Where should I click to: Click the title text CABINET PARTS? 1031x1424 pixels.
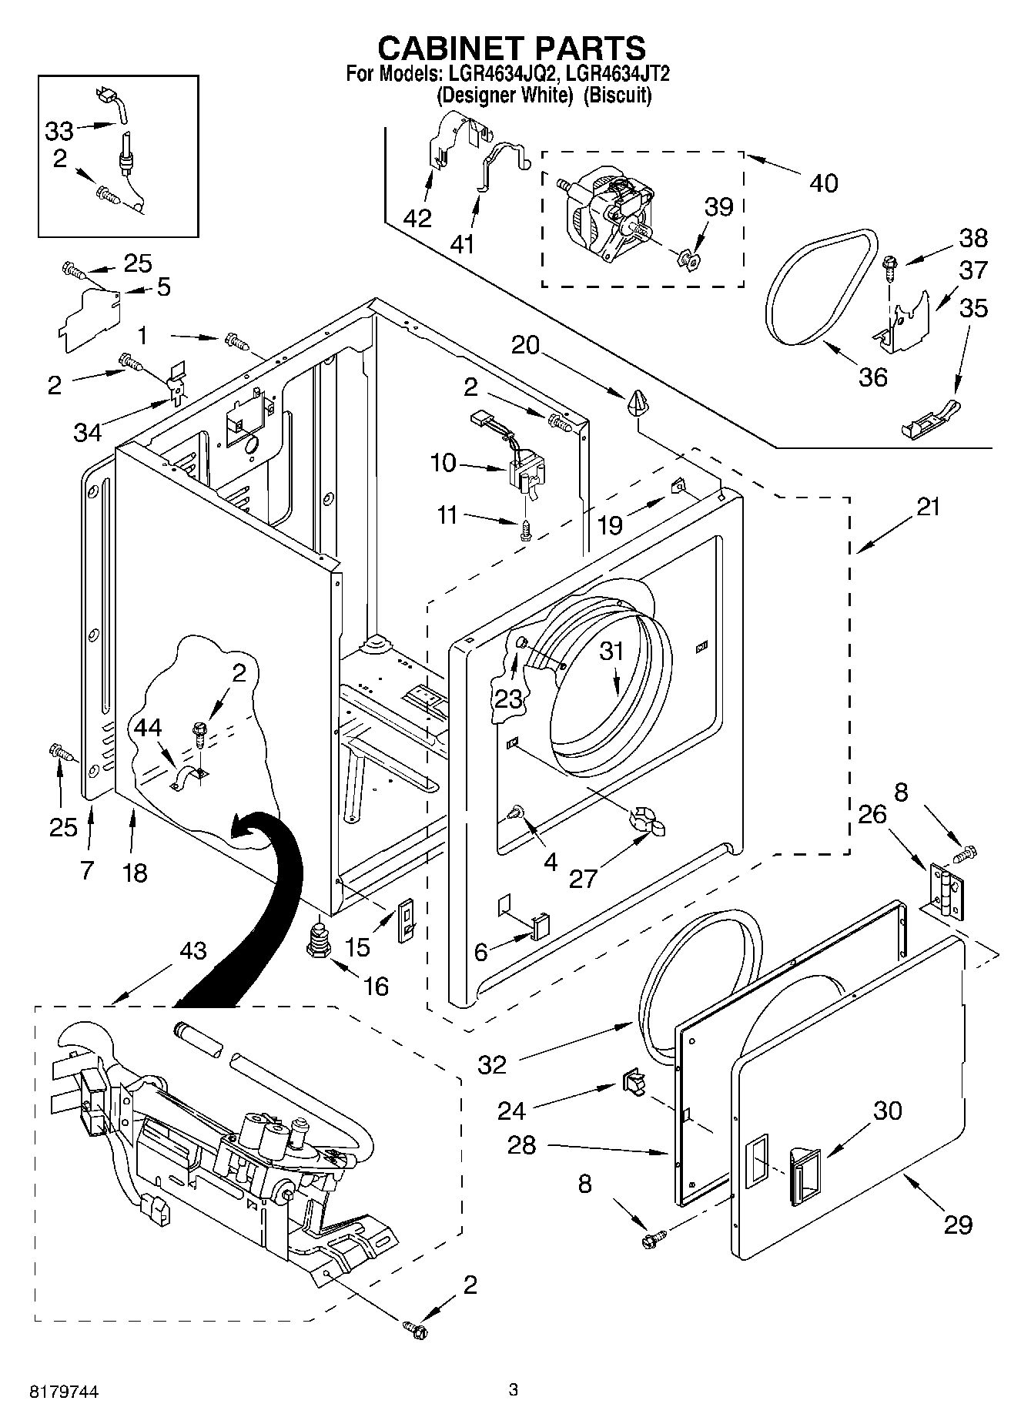click(511, 48)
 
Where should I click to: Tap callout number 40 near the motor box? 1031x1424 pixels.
click(823, 183)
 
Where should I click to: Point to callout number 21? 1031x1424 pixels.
click(928, 508)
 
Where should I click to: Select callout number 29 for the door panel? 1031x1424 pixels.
click(958, 1224)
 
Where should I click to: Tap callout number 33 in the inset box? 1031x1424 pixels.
click(59, 131)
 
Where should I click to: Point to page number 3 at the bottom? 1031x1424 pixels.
click(514, 1389)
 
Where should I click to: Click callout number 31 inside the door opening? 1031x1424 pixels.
click(611, 652)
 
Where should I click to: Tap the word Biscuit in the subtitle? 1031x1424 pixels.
click(617, 95)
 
